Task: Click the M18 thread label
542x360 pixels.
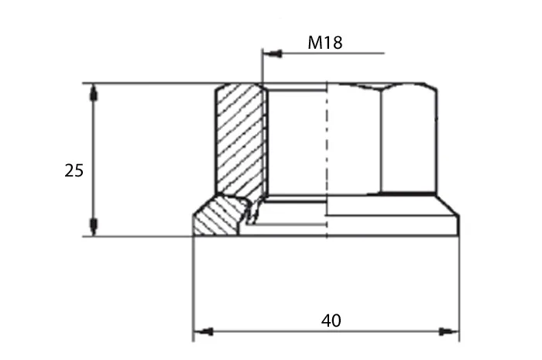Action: coord(325,43)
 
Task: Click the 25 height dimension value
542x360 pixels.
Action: coord(74,170)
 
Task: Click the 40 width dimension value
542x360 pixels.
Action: coord(331,321)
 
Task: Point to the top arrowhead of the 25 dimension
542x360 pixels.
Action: coord(94,93)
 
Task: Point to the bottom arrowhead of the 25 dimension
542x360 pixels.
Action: coord(94,227)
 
